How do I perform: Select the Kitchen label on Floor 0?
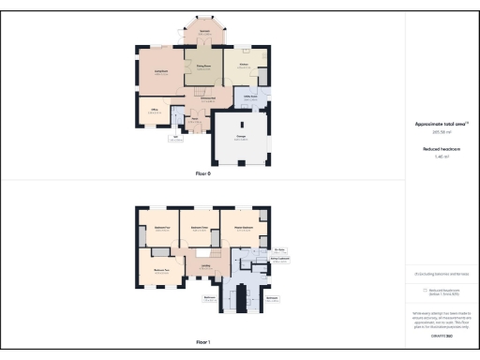[x=242, y=65]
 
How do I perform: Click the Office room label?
[x=155, y=110]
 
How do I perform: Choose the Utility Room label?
[x=250, y=97]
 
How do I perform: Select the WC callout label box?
[x=174, y=141]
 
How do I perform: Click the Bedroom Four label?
[x=159, y=228]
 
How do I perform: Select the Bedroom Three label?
[x=199, y=228]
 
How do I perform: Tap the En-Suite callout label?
[x=279, y=249]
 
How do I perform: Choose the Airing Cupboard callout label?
[x=279, y=261]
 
